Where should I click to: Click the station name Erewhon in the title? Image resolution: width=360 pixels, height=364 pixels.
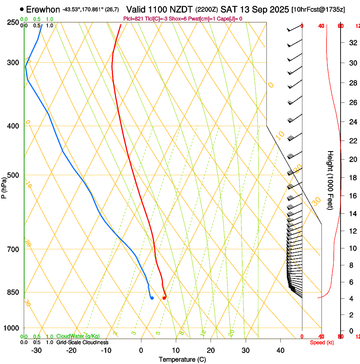tap(43, 9)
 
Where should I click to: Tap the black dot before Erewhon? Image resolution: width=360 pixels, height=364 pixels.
tap(22, 9)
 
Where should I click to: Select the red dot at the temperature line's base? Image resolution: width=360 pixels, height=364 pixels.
tap(164, 298)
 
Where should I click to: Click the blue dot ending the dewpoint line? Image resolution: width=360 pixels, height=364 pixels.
tap(152, 298)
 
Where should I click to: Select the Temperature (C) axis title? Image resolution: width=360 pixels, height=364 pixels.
tap(182, 359)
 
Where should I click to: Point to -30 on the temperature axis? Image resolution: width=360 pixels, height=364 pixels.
tap(36, 350)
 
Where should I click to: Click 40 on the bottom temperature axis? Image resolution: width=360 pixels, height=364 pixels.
tap(280, 350)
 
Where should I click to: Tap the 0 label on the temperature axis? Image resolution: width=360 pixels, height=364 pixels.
tap(141, 350)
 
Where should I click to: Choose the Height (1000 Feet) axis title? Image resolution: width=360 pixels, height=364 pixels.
tap(330, 180)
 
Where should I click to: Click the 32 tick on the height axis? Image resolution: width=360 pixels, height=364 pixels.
tap(352, 42)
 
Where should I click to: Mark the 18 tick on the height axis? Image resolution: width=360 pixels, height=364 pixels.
tap(352, 178)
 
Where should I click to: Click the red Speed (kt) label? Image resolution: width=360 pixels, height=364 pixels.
tap(321, 342)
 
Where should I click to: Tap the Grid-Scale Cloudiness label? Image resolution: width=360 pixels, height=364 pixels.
tap(82, 342)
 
